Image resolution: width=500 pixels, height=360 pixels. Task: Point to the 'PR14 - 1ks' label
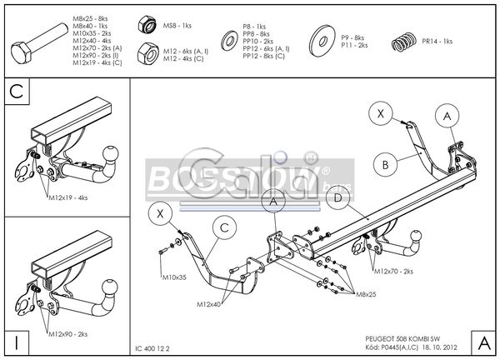coord(437,41)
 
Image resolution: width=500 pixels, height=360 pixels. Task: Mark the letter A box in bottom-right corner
coord(482,342)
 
